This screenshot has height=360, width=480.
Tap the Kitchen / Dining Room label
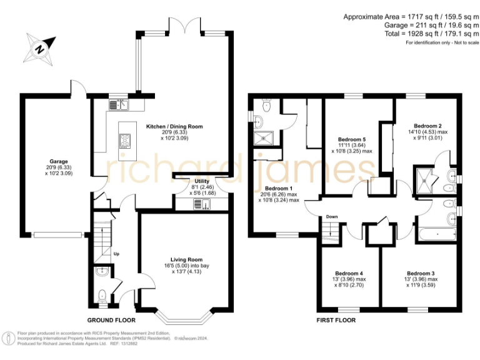point(174,126)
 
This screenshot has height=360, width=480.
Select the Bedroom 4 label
point(348,273)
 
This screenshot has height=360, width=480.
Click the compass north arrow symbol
point(39,47)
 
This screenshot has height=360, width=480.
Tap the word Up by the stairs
point(116,254)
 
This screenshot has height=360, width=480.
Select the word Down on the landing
point(331,217)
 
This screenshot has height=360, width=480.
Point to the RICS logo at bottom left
point(9,338)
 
